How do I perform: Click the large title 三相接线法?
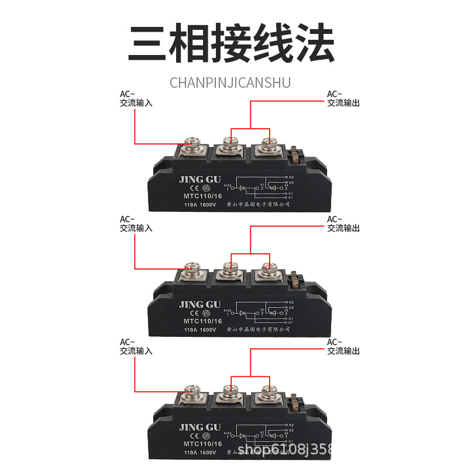[231, 44]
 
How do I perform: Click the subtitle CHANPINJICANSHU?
[230, 82]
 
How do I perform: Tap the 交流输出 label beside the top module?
[343, 102]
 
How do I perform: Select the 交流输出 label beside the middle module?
[343, 228]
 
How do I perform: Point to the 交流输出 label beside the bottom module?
[343, 351]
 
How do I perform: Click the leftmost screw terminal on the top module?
[192, 144]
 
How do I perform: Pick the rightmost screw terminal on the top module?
[269, 143]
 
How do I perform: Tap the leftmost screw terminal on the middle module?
[192, 269]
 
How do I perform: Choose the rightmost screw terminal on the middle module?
[269, 269]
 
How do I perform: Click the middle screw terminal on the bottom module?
[230, 391]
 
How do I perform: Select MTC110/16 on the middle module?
[202, 321]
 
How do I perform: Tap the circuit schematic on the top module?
[260, 187]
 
